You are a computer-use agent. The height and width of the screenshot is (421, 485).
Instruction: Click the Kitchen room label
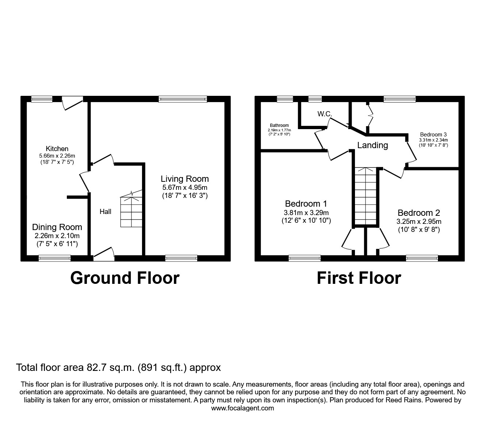[x=57, y=149]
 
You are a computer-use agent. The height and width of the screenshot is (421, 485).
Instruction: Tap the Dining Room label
[x=57, y=227]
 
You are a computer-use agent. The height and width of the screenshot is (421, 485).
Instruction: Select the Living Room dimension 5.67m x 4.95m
[x=185, y=187]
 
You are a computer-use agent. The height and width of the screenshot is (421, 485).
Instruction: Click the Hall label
[x=106, y=211]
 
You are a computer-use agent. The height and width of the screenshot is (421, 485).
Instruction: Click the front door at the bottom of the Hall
[x=104, y=255]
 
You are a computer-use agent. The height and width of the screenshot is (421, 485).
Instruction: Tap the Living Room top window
[x=183, y=99]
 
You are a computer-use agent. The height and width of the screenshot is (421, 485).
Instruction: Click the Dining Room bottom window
[x=55, y=258]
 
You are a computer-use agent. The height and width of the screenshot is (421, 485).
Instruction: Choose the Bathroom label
[x=279, y=125]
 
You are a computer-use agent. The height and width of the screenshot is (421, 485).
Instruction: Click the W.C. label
[x=324, y=114]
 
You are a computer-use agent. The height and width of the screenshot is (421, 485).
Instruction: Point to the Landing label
[x=373, y=145]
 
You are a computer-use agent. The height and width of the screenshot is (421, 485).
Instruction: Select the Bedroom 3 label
[x=433, y=134]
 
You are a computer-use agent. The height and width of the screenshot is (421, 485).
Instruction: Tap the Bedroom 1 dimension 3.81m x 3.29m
[x=306, y=213]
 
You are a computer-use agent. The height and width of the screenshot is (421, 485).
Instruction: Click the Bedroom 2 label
[x=419, y=213]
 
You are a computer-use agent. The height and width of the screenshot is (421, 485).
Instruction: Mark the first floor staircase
[x=365, y=196]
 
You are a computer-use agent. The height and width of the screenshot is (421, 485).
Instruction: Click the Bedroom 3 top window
[x=400, y=99]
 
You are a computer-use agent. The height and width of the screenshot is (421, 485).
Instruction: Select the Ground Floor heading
[x=125, y=278]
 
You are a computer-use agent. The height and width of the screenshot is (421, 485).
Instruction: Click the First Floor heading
[x=359, y=278]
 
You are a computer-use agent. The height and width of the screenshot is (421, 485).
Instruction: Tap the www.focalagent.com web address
[x=242, y=408]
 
